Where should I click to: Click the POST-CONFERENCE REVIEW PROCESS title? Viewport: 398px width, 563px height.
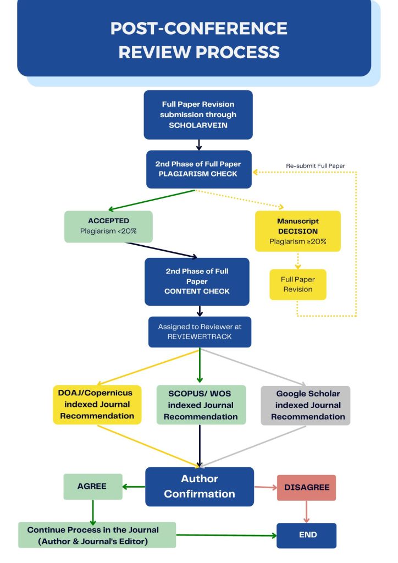pyautogui.click(x=198, y=40)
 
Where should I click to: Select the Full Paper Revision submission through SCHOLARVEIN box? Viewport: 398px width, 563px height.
pyautogui.click(x=198, y=114)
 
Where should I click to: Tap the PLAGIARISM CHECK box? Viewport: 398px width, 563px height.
pyautogui.click(x=198, y=169)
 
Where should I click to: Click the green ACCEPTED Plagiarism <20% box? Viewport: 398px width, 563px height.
pyautogui.click(x=108, y=226)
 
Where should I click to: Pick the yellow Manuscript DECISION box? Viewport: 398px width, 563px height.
pyautogui.click(x=297, y=231)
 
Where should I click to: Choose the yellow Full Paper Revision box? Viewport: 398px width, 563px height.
pyautogui.click(x=297, y=284)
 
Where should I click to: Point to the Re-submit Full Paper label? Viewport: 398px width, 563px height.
pyautogui.click(x=315, y=165)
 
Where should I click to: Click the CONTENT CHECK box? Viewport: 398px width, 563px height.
pyautogui.click(x=197, y=281)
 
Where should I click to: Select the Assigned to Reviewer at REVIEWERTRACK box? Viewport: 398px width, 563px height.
pyautogui.click(x=200, y=332)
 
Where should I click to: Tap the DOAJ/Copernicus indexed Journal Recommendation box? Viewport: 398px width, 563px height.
pyautogui.click(x=97, y=405)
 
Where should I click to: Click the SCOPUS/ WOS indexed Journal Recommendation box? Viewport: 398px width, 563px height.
pyautogui.click(x=200, y=405)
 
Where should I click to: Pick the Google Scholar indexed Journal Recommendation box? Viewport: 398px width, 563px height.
pyautogui.click(x=305, y=405)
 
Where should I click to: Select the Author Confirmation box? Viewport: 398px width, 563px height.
pyautogui.click(x=199, y=486)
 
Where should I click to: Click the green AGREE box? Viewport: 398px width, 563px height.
pyautogui.click(x=92, y=486)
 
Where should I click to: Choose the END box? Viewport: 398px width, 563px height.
pyautogui.click(x=306, y=534)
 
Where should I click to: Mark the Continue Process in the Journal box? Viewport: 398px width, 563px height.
pyautogui.click(x=97, y=535)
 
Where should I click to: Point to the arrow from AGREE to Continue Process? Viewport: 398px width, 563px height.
pyautogui.click(x=92, y=511)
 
